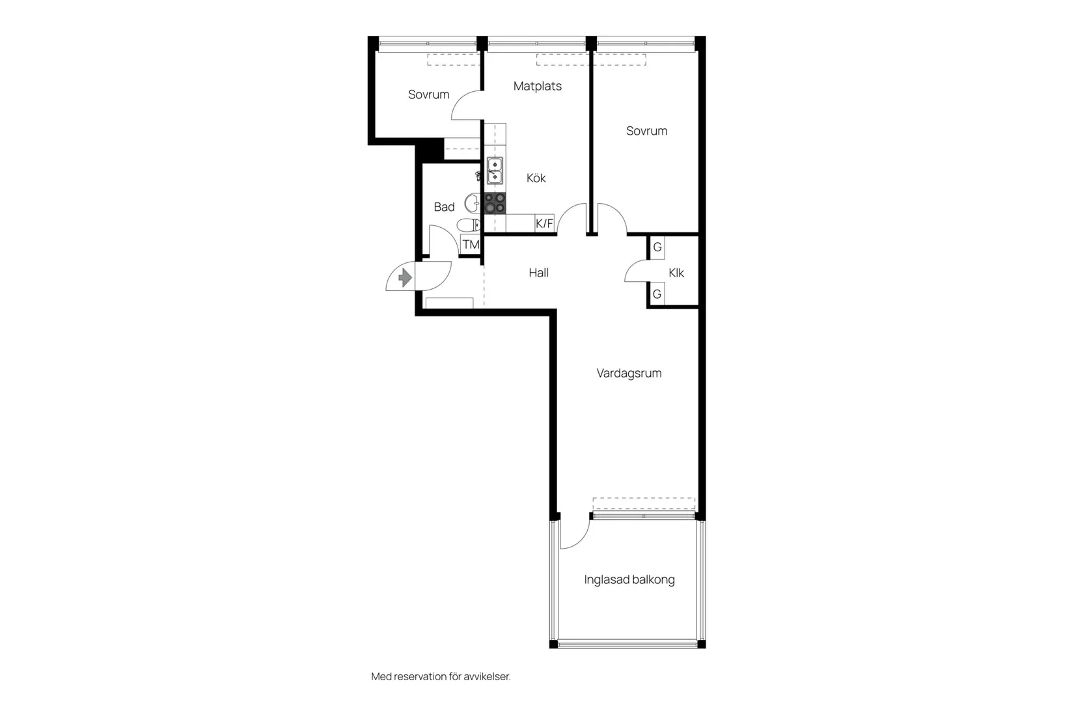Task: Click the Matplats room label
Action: (537, 86)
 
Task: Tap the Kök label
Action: (536, 178)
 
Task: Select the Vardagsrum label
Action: (629, 373)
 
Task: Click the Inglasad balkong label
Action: (629, 579)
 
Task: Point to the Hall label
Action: (538, 273)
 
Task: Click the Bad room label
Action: (444, 207)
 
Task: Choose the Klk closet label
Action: (676, 273)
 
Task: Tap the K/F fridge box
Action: (544, 224)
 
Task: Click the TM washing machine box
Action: (471, 245)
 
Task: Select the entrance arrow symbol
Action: (405, 278)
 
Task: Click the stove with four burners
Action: (495, 203)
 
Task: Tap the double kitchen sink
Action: (495, 171)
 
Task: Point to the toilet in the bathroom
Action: (467, 225)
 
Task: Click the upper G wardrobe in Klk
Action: (657, 247)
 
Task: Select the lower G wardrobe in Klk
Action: (657, 294)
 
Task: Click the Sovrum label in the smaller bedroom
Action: (428, 94)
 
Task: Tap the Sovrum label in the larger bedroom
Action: (646, 131)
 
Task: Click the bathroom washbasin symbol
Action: (472, 203)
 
